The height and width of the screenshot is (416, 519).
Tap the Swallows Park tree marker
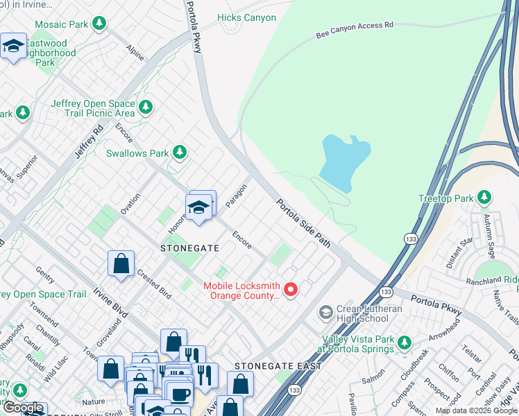(x=180, y=151)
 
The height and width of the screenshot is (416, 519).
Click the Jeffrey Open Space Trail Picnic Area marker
(x=145, y=107)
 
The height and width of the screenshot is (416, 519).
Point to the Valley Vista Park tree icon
(x=405, y=343)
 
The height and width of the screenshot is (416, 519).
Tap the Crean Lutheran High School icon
(x=325, y=313)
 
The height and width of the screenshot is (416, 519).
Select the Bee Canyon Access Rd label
(x=354, y=28)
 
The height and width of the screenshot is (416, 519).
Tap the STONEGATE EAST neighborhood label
(x=278, y=365)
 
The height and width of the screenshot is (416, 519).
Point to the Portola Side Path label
(x=303, y=223)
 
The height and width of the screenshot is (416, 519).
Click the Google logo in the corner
(x=23, y=408)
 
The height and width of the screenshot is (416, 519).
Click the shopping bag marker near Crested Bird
(x=121, y=263)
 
